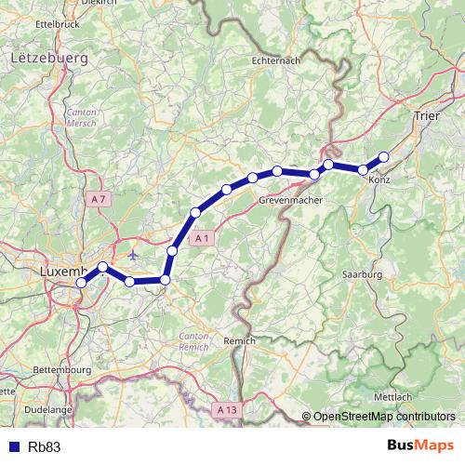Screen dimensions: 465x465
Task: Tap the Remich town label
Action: pyautogui.click(x=239, y=341)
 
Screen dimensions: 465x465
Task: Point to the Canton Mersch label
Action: pyautogui.click(x=81, y=116)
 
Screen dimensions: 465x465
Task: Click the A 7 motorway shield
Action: pyautogui.click(x=100, y=199)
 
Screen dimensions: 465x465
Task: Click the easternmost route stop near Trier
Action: pyautogui.click(x=383, y=157)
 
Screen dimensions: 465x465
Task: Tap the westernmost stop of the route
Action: pyautogui.click(x=81, y=282)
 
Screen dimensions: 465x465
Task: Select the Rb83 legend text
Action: pyautogui.click(x=45, y=446)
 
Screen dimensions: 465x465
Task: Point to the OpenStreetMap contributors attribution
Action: pyautogui.click(x=383, y=417)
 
